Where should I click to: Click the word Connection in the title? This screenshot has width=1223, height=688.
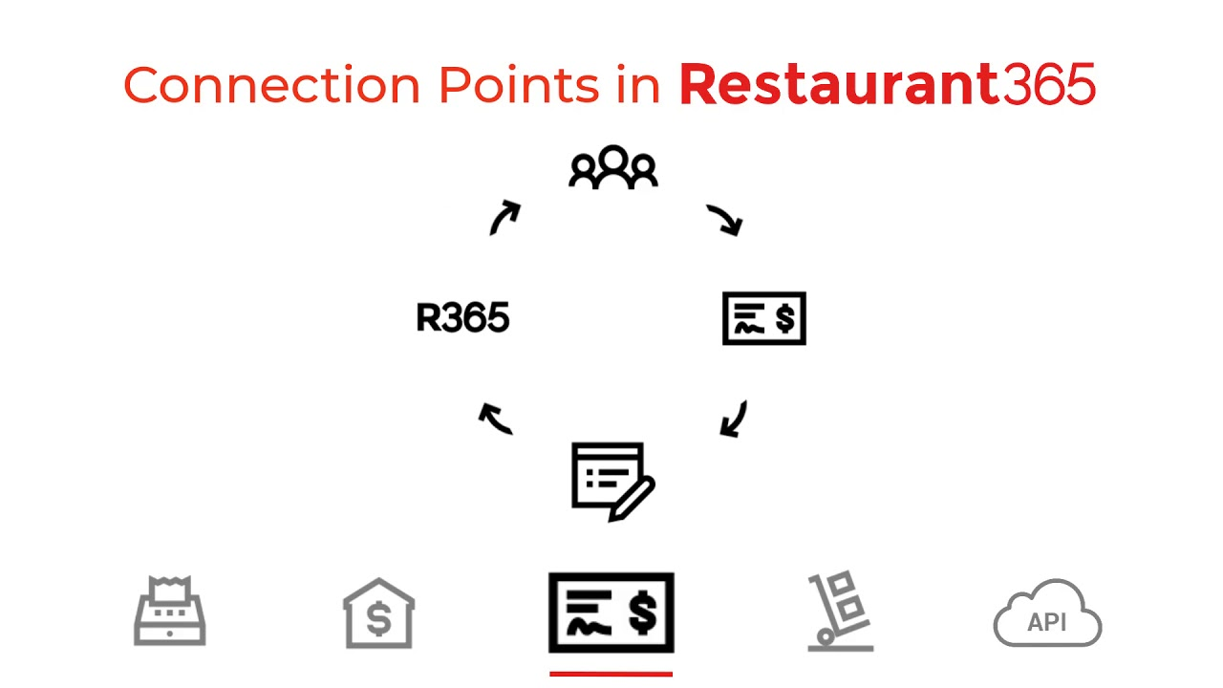click(271, 85)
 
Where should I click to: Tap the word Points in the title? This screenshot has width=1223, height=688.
click(512, 85)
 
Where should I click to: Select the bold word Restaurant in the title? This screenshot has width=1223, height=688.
click(839, 85)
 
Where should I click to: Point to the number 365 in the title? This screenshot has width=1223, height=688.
click(1048, 85)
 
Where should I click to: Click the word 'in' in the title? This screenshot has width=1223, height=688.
click(638, 85)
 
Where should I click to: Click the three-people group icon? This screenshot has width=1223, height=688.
click(612, 167)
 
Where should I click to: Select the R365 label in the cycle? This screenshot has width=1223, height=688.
click(462, 318)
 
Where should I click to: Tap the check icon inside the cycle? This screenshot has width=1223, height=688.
click(763, 318)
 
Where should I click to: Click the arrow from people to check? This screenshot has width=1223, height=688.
click(725, 220)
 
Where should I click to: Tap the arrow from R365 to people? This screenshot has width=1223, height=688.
click(504, 218)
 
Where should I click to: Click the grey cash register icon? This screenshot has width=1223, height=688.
click(170, 612)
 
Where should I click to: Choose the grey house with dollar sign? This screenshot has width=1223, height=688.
click(378, 613)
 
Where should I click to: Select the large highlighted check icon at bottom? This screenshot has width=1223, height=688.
click(611, 613)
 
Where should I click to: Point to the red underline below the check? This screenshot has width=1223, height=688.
click(611, 674)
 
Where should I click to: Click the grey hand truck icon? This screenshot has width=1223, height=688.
click(840, 613)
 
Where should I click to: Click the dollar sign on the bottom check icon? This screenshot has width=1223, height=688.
click(643, 613)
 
